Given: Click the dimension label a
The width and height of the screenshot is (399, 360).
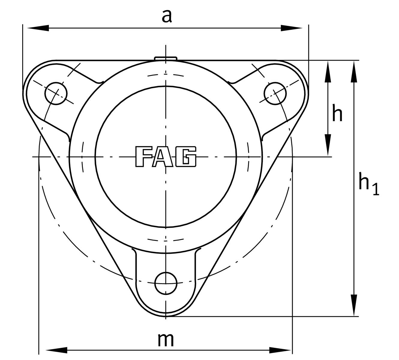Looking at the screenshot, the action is click(167, 16).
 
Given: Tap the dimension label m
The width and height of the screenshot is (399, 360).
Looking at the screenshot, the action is click(166, 340).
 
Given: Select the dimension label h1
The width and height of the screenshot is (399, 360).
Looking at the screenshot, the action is click(369, 184).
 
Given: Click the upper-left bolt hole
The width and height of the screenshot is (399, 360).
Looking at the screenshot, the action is click(56, 93).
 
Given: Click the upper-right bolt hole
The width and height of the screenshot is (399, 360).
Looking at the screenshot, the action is click(275, 93).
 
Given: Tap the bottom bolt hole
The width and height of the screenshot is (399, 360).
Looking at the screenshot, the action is click(166, 283).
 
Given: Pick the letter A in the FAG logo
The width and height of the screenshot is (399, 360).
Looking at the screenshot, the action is click(163, 157).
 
